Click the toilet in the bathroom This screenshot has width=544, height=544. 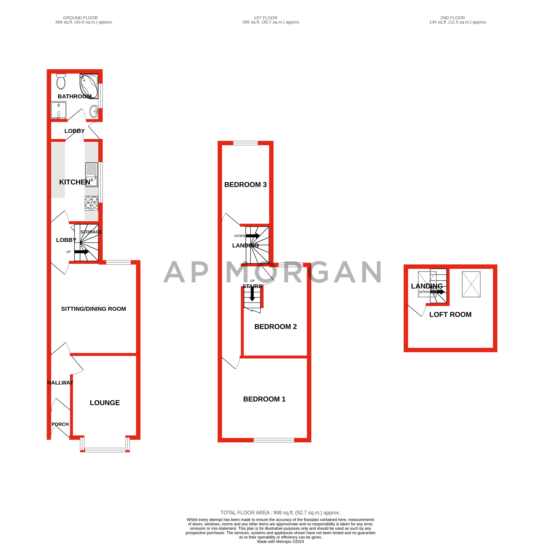tap(61, 82)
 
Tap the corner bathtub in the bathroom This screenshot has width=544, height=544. tap(89, 86)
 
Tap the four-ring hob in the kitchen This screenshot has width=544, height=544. tap(91, 203)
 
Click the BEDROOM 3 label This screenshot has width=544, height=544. tap(245, 185)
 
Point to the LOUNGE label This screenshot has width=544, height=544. tap(105, 403)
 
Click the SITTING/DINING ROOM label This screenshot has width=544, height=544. tap(94, 309)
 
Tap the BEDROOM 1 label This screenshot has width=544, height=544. tap(264, 399)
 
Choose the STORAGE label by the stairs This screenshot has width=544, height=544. tap(91, 232)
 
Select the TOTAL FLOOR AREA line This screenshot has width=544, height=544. tap(280, 513)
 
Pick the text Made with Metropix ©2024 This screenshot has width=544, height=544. tap(280, 541)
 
